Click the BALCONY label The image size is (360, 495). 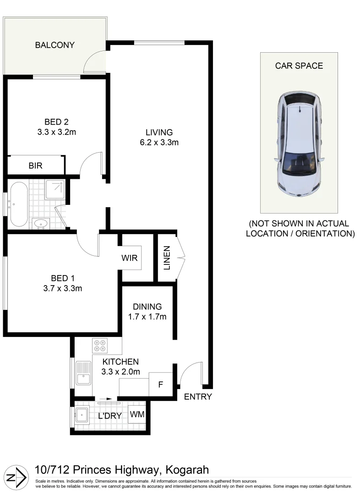click(x=55, y=45)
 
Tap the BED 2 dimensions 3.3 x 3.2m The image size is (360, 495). click(x=56, y=133)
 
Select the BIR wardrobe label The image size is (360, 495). click(x=35, y=165)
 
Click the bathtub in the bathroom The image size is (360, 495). click(x=19, y=204)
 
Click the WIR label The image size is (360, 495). click(x=130, y=258)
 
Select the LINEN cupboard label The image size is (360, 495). click(x=167, y=258)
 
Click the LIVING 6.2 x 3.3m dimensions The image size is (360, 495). click(x=159, y=143)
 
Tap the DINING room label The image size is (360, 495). click(x=147, y=307)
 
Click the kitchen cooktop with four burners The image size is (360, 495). click(x=100, y=344)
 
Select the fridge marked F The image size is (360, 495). click(x=160, y=384)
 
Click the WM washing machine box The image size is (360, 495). click(x=137, y=414)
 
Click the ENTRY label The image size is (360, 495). click(x=198, y=397)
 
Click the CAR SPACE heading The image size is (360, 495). click(x=299, y=66)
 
